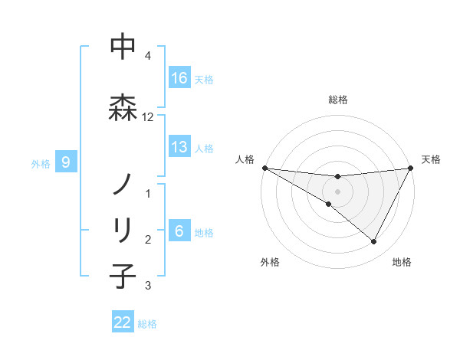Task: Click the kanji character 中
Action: pyautogui.click(x=123, y=47)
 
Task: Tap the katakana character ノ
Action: pyautogui.click(x=123, y=184)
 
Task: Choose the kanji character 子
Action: pyautogui.click(x=123, y=276)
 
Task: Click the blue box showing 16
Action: pyautogui.click(x=179, y=77)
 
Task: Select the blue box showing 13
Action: pyautogui.click(x=179, y=147)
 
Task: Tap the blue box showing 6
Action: pyautogui.click(x=179, y=231)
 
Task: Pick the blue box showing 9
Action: pyautogui.click(x=66, y=162)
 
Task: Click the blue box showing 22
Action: pyautogui.click(x=123, y=322)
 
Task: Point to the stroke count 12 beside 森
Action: pyautogui.click(x=148, y=117)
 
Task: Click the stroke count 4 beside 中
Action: pyautogui.click(x=148, y=56)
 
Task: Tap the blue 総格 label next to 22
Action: pyautogui.click(x=147, y=323)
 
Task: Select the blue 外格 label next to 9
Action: pyautogui.click(x=41, y=162)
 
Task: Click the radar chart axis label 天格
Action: pyautogui.click(x=432, y=159)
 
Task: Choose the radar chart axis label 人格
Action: pyautogui.click(x=245, y=159)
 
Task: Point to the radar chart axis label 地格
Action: pyautogui.click(x=402, y=262)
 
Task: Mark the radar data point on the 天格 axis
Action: pyautogui.click(x=411, y=168)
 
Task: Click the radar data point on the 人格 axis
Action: pyautogui.click(x=264, y=168)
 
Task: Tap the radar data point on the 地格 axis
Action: pyautogui.click(x=373, y=242)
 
